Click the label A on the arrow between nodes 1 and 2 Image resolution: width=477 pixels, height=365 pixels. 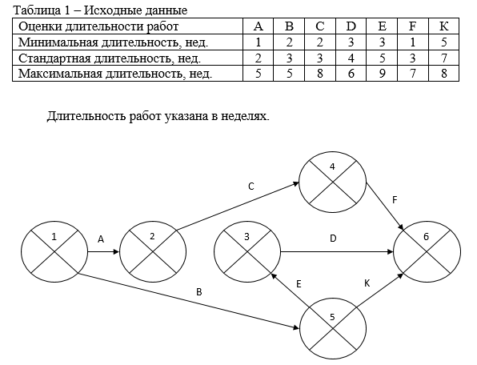tap(101, 239)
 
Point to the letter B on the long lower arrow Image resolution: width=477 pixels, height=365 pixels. tap(199, 292)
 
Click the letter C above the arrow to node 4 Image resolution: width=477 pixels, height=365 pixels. tap(251, 187)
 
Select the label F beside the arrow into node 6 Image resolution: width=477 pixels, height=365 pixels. tap(395, 200)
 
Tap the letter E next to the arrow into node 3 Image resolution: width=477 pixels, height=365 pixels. tap(299, 284)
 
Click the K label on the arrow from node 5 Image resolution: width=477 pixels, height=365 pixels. tap(367, 283)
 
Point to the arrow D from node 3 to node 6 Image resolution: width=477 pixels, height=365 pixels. tap(337, 252)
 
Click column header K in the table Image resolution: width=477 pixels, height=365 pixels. tap(443, 26)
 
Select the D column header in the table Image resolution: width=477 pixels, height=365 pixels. tap(351, 26)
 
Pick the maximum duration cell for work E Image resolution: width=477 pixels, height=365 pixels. tap(382, 74)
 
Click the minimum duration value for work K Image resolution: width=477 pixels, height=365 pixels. tap(443, 42)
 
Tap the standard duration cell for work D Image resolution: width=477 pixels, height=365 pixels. tap(351, 58)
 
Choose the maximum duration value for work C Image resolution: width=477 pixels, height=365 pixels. tap(319, 74)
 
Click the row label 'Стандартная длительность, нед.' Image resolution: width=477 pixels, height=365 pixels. tap(110, 58)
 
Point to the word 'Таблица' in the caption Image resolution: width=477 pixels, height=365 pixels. tap(37, 10)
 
